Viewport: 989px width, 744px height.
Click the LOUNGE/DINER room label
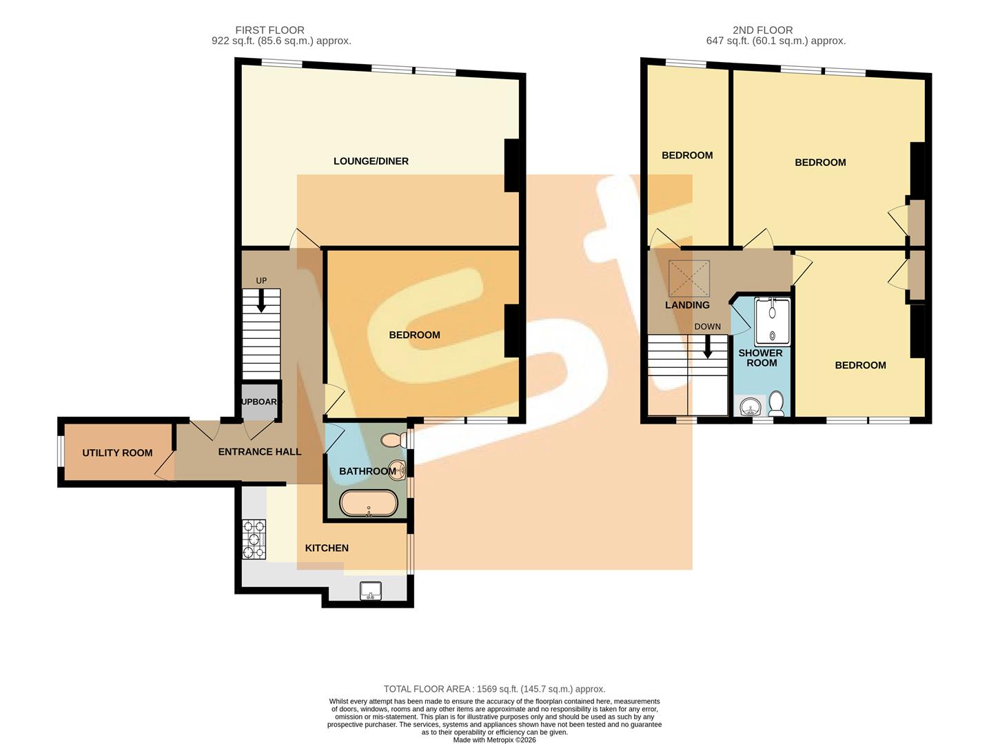(371, 161)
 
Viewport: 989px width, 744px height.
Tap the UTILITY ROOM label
(117, 453)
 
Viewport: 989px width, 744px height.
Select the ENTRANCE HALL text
(259, 452)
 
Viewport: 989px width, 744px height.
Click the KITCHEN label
(327, 548)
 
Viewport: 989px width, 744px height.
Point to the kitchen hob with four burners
(254, 539)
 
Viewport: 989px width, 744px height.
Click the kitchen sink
(371, 590)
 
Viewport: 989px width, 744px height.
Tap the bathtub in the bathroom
(369, 504)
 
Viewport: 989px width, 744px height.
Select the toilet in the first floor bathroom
(395, 439)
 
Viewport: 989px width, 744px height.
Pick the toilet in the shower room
(776, 404)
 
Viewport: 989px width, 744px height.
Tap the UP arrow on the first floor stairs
(261, 300)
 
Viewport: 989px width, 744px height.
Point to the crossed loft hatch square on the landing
(689, 278)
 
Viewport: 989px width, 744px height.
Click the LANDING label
(687, 305)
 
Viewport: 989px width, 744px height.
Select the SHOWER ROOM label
(761, 358)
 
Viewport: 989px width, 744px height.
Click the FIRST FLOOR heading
(269, 30)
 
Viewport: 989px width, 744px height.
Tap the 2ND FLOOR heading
(762, 30)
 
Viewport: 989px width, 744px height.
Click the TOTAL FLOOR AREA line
(494, 689)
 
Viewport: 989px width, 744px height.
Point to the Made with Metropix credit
(494, 740)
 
